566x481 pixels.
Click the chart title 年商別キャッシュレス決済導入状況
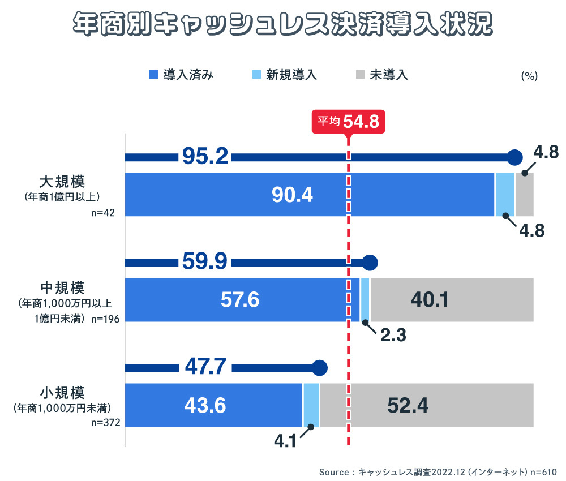tap(282, 25)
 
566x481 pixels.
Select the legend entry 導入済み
tap(181, 74)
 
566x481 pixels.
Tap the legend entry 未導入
tap(382, 74)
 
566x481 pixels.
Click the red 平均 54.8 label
tap(348, 121)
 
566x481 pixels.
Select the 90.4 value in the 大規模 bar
tap(292, 195)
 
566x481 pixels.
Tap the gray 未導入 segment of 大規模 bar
tap(524, 195)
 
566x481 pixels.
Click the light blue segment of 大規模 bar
tap(505, 195)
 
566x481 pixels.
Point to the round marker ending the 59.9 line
tap(370, 262)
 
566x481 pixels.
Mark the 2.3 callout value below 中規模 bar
tap(393, 334)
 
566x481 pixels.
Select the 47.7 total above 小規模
tap(206, 367)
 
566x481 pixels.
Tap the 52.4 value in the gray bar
tap(408, 405)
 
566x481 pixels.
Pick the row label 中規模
tap(62, 287)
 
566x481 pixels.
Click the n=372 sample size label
tap(105, 422)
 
